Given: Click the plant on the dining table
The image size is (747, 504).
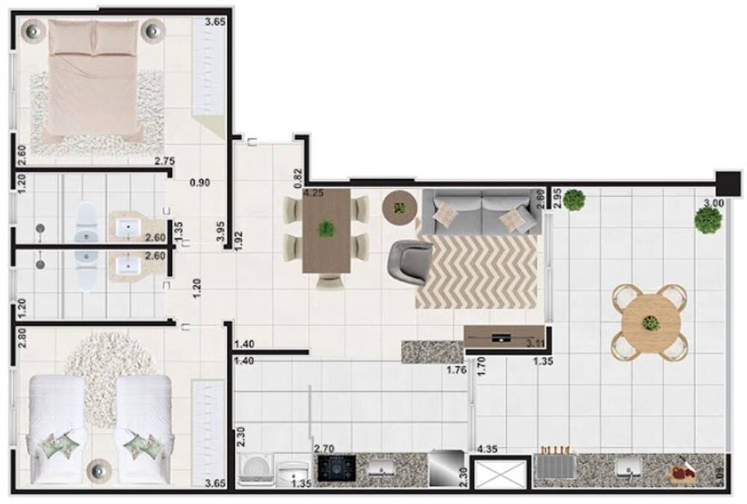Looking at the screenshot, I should (326, 229).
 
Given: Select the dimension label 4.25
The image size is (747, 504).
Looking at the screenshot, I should (313, 193).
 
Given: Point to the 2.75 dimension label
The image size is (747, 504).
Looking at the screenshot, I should (164, 161).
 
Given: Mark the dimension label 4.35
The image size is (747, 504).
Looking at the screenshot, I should (487, 449).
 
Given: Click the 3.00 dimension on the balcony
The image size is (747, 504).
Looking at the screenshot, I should (713, 202).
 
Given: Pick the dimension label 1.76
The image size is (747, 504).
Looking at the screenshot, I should (456, 369).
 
